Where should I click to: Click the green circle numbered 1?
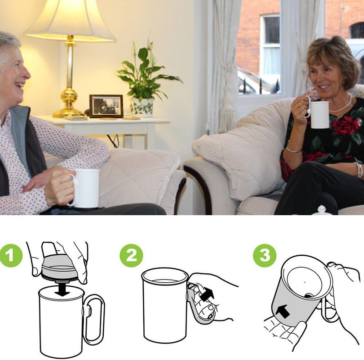[x=10, y=256]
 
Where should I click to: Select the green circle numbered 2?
[x=131, y=256]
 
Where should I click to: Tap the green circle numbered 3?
[x=264, y=256]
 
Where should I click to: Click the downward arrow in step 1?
[x=62, y=290]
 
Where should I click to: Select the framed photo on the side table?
[x=106, y=106]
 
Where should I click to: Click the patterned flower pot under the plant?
[x=142, y=108]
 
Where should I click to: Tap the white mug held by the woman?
[x=319, y=114]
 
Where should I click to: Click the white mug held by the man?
[x=86, y=188]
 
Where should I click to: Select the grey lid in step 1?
[x=60, y=267]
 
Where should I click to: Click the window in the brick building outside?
[x=271, y=43]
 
